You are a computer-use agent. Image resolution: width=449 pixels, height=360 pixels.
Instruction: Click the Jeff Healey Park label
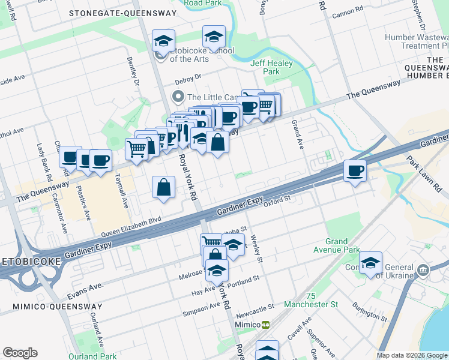265,67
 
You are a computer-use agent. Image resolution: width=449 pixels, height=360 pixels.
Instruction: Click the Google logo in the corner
20,353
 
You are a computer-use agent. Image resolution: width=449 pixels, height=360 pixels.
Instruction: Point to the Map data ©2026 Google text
412,355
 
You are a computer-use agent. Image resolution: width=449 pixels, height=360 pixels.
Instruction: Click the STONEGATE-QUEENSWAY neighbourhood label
123,13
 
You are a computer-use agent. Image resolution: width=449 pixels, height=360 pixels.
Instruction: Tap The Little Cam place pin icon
178,97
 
